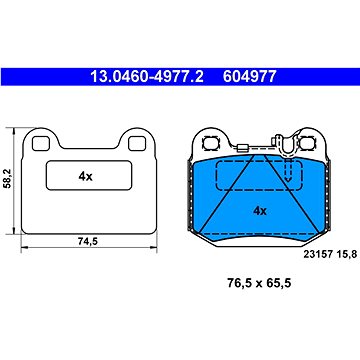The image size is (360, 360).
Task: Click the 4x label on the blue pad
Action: (x=259, y=212)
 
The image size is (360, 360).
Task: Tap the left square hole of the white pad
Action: (x=38, y=143)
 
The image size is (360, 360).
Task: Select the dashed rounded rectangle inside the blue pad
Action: (x=291, y=181)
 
